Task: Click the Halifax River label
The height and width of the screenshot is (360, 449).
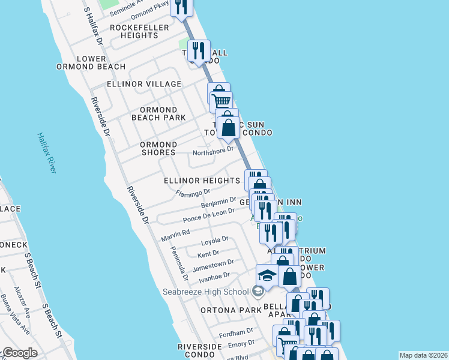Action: coord(47,154)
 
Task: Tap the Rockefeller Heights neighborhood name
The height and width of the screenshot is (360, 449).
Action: coord(134,31)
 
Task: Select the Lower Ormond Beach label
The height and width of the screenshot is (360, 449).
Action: coord(97,62)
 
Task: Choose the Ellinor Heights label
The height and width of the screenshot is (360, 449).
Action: coord(202,181)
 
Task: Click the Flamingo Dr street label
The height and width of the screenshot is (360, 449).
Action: coord(193,193)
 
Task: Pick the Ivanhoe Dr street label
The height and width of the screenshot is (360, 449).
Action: coord(214,276)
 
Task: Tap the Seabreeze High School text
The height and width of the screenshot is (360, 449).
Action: coord(205,292)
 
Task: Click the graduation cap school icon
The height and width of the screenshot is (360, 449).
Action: coord(267,275)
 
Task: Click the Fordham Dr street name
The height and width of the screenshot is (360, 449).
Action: coord(237,332)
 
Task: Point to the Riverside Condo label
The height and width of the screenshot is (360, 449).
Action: coord(203,352)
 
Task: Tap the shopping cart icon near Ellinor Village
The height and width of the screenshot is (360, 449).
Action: coord(221,101)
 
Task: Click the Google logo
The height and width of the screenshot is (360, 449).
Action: coord(19,353)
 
